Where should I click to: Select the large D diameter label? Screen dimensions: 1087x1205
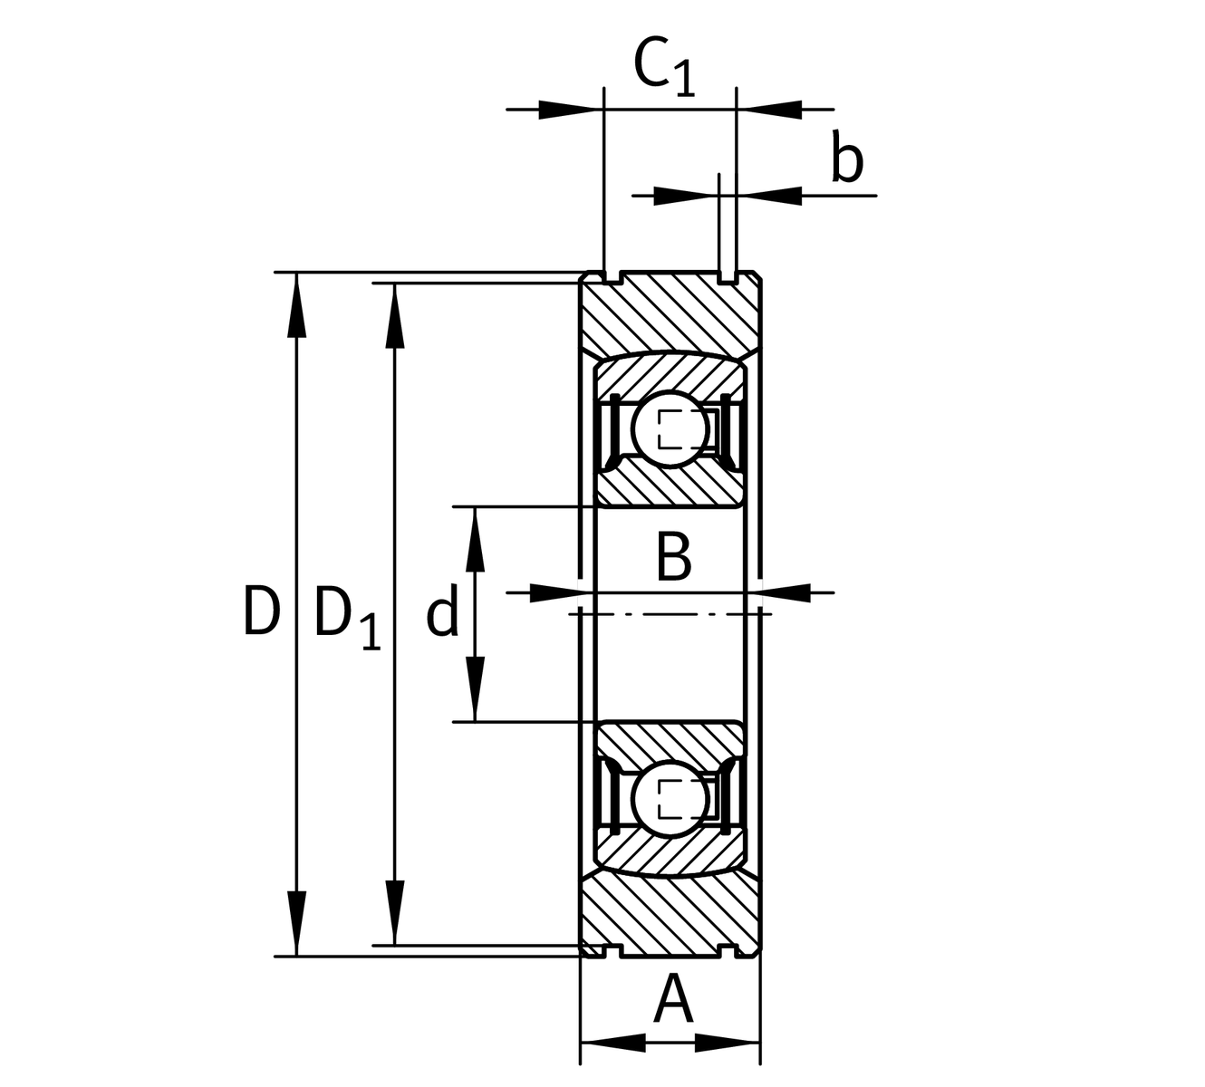260,611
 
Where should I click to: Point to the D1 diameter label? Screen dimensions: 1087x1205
347,617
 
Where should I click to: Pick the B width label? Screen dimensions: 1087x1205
673,558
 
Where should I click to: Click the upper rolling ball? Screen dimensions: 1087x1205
672,428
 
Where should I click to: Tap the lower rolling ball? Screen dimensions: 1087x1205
672,798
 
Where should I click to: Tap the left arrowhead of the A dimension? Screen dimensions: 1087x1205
612,1042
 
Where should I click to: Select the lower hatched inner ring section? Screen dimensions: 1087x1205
670,743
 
